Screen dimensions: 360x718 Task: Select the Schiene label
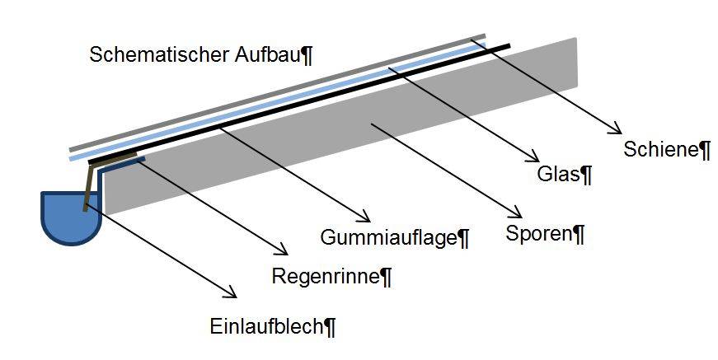pyautogui.click(x=661, y=149)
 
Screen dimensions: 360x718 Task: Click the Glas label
pyautogui.click(x=558, y=174)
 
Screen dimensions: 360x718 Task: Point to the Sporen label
pyautogui.click(x=538, y=234)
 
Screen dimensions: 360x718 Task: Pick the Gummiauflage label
pyautogui.click(x=387, y=239)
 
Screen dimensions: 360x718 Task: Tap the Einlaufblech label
pyautogui.click(x=265, y=327)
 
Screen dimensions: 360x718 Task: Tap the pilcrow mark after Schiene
pyautogui.click(x=705, y=150)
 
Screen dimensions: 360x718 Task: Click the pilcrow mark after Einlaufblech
pyautogui.click(x=330, y=327)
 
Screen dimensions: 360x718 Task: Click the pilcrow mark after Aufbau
pyautogui.click(x=307, y=56)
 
